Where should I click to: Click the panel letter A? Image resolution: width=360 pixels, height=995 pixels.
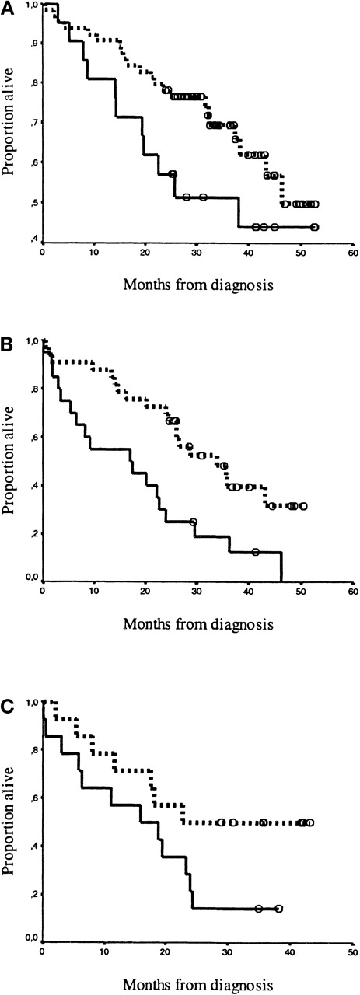pyautogui.click(x=6, y=6)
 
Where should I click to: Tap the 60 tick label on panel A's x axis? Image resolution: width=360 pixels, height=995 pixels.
pyautogui.click(x=352, y=253)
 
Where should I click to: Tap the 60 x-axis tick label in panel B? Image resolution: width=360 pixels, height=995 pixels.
pyautogui.click(x=352, y=591)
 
